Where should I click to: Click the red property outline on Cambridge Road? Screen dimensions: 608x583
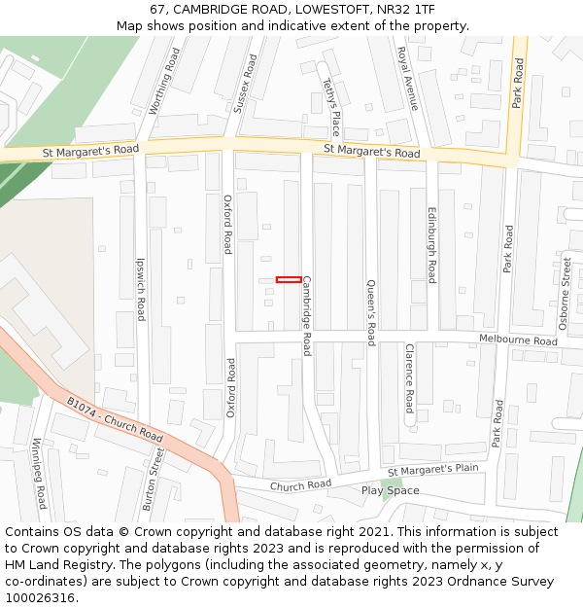point(288,280)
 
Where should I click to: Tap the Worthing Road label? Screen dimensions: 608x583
point(164,82)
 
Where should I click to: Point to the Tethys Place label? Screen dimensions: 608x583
point(331,107)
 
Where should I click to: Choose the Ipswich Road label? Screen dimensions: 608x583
point(141,289)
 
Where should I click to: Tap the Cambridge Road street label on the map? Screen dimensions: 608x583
point(307,315)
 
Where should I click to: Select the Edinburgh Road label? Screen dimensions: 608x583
point(432,244)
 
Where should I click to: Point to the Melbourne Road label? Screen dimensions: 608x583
point(519,340)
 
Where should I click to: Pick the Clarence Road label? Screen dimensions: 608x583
point(410,378)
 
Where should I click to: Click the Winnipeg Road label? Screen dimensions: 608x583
point(39,473)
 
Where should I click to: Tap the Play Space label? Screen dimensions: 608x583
point(390,490)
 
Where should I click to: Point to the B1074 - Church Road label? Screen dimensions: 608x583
point(115,419)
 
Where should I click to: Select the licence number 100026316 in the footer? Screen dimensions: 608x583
point(40,597)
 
